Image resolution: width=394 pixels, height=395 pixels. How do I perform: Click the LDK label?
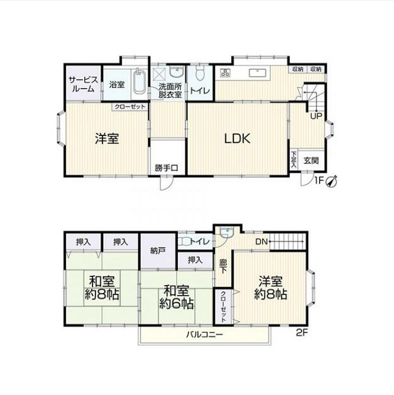pos(237,139)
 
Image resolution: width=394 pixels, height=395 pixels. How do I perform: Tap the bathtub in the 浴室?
pos(139,81)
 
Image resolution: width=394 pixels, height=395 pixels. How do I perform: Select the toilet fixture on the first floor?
pos(200,73)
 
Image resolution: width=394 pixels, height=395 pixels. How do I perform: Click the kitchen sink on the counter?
pos(257,73)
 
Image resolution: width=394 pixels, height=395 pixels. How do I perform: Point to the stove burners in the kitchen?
pos(225,73)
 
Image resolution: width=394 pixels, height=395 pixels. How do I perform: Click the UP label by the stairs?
pos(316,116)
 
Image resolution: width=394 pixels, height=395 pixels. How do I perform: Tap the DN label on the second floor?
pos(262,242)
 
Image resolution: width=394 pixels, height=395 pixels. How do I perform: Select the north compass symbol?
pos(332,182)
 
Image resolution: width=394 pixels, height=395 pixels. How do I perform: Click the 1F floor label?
pos(319,180)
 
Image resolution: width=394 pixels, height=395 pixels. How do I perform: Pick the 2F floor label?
pos(302,333)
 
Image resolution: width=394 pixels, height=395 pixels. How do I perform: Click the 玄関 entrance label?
pos(311,160)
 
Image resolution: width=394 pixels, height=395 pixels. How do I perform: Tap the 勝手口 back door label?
pos(166,168)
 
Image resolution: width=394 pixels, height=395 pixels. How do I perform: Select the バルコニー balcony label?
pos(204,334)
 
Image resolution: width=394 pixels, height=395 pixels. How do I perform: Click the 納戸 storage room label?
pos(158,250)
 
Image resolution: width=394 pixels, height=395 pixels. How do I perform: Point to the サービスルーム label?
pos(84,85)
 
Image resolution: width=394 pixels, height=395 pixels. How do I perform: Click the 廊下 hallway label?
pos(223,266)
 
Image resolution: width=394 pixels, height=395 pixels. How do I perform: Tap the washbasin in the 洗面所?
pos(177,72)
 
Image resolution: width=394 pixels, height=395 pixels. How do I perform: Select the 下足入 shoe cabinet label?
pos(293,160)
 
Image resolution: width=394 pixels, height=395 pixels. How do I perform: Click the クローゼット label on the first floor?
pos(130,107)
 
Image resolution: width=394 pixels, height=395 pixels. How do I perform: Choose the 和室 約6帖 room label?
pos(177,297)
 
